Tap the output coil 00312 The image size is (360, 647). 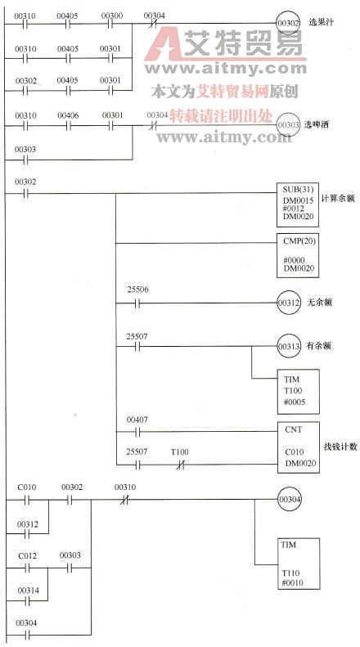pos(288,302)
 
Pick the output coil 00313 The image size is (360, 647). pos(288,346)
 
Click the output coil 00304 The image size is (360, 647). pos(289,497)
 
